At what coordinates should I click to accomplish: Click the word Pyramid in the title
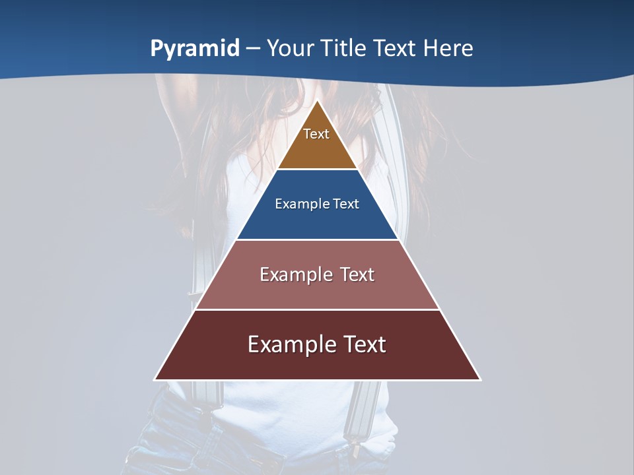coord(195,48)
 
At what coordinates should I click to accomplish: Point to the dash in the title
coord(253,48)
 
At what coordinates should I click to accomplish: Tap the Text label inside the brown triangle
coord(316,134)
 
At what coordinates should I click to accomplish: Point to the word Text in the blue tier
coord(346,204)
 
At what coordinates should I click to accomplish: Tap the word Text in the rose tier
coord(357,274)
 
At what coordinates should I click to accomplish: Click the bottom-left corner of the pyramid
coord(155,379)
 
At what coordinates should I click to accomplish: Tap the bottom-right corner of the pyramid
coord(480,379)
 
